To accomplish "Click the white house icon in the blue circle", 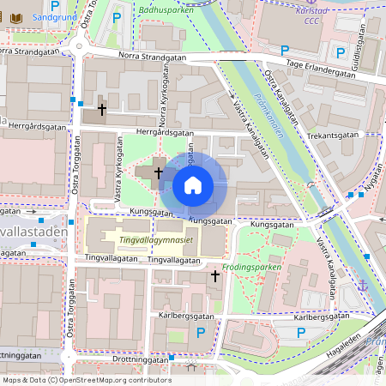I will [x=193, y=184].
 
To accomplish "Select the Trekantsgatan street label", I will [x=333, y=136].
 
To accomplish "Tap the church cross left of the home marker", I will [x=158, y=172].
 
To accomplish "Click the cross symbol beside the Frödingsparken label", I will [x=215, y=275].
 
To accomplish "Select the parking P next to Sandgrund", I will [x=54, y=4].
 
